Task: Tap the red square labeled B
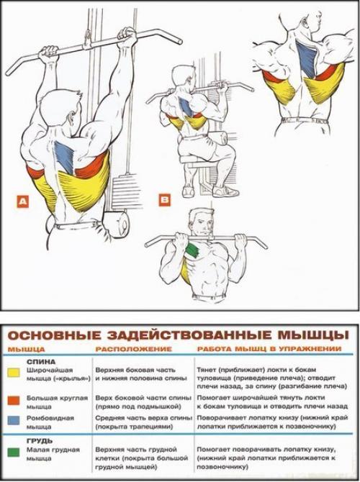click(165, 199)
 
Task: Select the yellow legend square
click(14, 373)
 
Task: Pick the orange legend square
click(14, 398)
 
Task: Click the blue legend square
click(14, 421)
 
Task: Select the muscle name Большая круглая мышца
click(57, 401)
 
